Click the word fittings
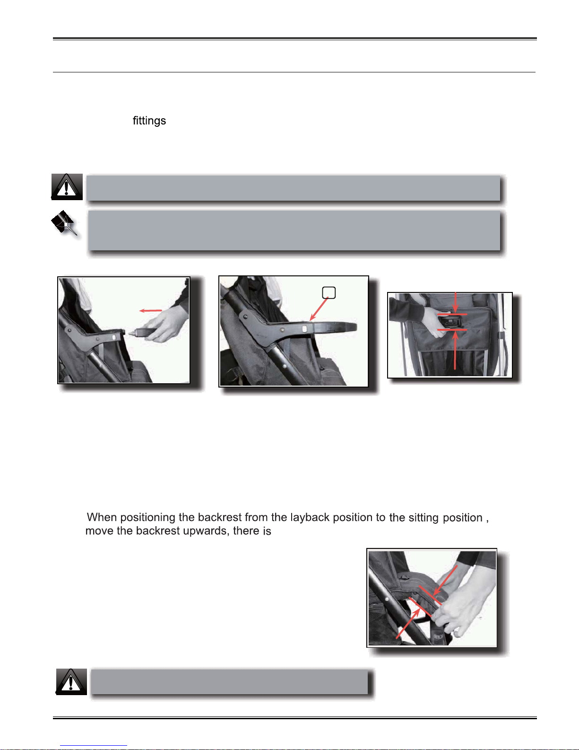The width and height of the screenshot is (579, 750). (x=149, y=121)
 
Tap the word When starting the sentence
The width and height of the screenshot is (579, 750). (x=102, y=517)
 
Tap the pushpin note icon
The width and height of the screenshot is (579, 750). (x=64, y=223)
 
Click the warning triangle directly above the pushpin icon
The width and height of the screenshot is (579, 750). (x=67, y=187)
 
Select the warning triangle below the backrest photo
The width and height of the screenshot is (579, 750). (x=71, y=681)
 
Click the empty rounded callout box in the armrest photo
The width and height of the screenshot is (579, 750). (x=329, y=292)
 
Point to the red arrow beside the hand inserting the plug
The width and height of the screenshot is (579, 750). (x=150, y=310)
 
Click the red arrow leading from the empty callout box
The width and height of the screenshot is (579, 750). (x=319, y=309)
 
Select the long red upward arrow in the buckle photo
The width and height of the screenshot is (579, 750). (x=455, y=350)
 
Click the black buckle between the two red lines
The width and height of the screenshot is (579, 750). (x=450, y=322)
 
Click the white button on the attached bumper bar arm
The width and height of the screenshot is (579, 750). (x=305, y=329)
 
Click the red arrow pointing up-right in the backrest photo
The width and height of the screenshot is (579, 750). (x=408, y=623)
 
